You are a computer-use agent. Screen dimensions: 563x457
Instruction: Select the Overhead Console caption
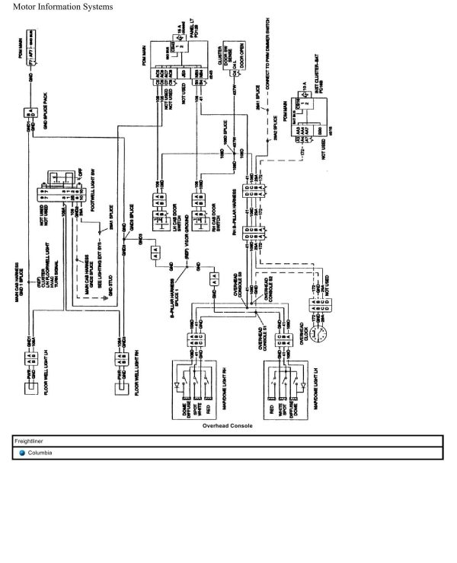tap(228, 426)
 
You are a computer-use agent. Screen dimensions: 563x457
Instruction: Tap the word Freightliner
tap(30, 441)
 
